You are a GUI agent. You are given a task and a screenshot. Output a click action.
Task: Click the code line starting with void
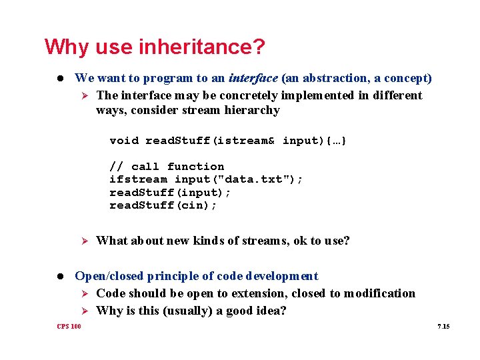[228, 141]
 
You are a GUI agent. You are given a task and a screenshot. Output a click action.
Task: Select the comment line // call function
[167, 167]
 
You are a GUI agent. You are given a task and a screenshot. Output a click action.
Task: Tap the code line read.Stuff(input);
[170, 193]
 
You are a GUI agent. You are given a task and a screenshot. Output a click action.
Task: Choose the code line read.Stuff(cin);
[163, 205]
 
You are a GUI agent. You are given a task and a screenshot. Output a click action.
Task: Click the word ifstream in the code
[138, 179]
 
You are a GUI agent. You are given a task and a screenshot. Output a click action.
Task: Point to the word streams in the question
[258, 241]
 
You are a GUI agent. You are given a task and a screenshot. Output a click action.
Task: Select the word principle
[166, 276]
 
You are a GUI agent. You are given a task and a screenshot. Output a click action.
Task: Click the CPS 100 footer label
[69, 326]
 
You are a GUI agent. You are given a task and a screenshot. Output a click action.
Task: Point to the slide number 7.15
[443, 326]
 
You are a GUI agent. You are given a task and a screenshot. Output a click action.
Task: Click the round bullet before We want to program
[61, 79]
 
